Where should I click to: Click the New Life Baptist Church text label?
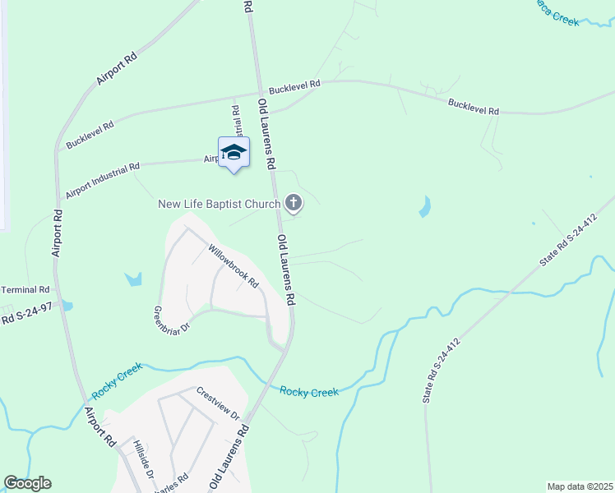click(x=219, y=203)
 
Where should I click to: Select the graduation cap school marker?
click(x=234, y=152)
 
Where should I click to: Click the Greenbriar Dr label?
click(x=172, y=321)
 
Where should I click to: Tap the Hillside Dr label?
click(x=143, y=458)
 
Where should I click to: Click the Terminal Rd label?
click(x=25, y=290)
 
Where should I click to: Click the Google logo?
click(x=28, y=483)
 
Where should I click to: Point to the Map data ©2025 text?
click(x=580, y=486)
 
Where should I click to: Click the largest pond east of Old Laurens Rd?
click(x=424, y=206)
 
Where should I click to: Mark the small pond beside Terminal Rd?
click(x=68, y=306)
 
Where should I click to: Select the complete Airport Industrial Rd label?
click(x=103, y=181)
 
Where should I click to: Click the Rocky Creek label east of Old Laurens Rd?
click(x=309, y=392)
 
